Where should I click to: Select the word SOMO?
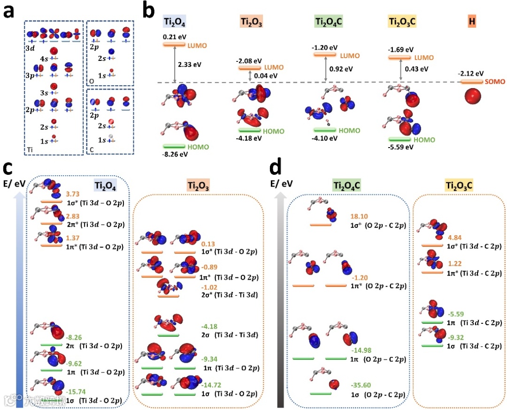pyautogui.click(x=494, y=82)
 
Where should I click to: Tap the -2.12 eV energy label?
pyautogui.click(x=471, y=74)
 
